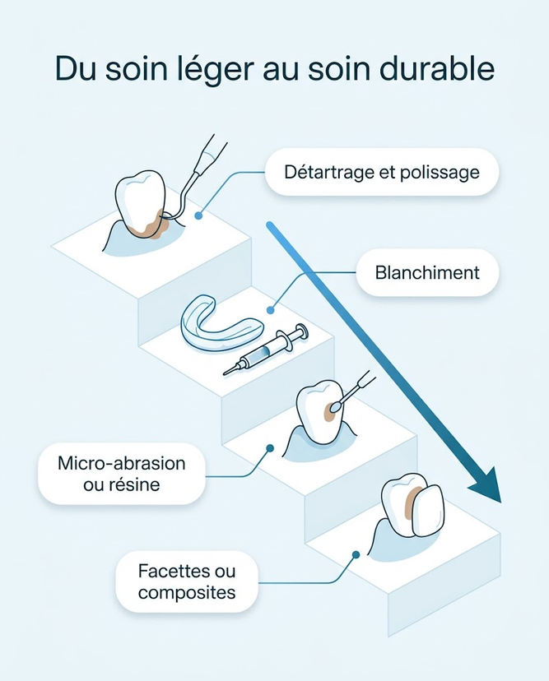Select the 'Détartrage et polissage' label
pyautogui.click(x=382, y=172)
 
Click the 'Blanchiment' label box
pyautogui.click(x=427, y=273)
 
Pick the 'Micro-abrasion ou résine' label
pyautogui.click(x=121, y=474)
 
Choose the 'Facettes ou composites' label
pyautogui.click(x=187, y=581)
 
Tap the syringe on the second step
pyautogui.click(x=266, y=349)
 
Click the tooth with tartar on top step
pyautogui.click(x=141, y=203)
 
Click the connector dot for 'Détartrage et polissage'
pyautogui.click(x=198, y=215)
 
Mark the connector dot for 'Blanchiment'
pyautogui.click(x=270, y=310)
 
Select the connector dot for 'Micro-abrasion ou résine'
pyautogui.click(x=270, y=447)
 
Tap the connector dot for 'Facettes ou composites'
pyautogui.click(x=356, y=554)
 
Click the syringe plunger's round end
pyautogui.click(x=301, y=330)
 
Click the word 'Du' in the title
pyautogui.click(x=76, y=68)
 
